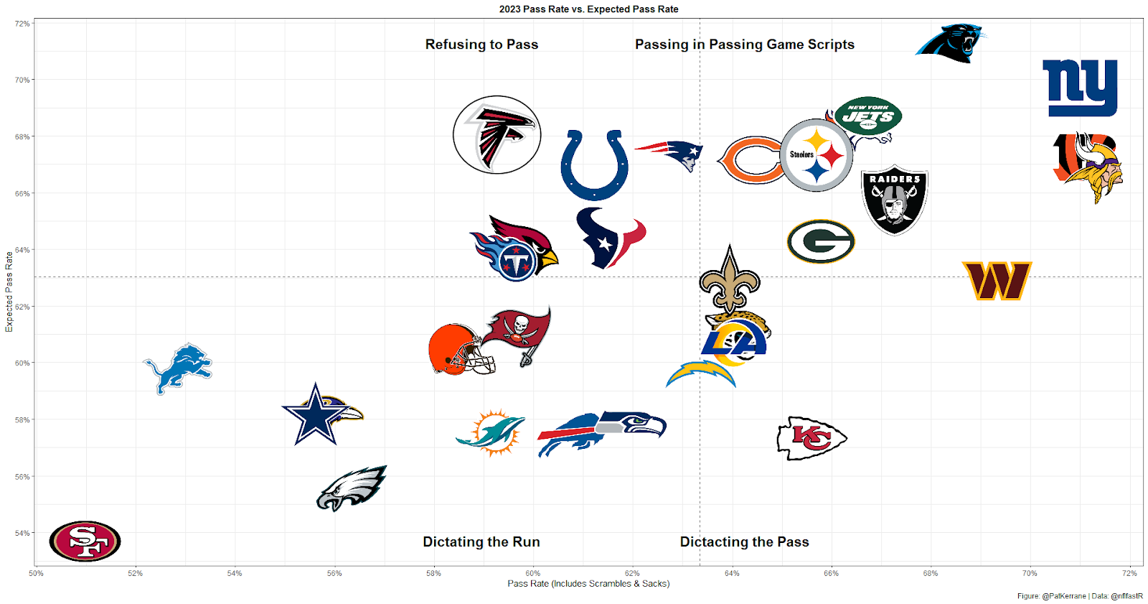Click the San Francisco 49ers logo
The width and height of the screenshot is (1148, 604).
[x=85, y=541]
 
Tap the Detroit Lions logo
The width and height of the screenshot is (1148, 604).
[x=178, y=368]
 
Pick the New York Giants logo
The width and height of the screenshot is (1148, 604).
[x=1080, y=88]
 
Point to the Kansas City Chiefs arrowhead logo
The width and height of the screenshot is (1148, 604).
[x=811, y=437]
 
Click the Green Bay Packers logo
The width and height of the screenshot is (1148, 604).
[x=821, y=241]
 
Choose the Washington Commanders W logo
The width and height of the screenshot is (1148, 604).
[x=997, y=280]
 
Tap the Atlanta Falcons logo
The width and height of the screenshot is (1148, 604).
[x=497, y=134]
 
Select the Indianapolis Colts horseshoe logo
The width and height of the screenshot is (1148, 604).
[x=594, y=164]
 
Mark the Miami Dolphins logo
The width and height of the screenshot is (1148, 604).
[x=491, y=432]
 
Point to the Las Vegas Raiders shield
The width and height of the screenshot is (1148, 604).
[x=894, y=199]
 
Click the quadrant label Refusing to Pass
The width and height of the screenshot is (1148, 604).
[x=481, y=45]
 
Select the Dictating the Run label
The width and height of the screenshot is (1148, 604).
[x=481, y=542]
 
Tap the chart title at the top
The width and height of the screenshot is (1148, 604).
[x=588, y=9]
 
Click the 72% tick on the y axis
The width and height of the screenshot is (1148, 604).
[x=22, y=24]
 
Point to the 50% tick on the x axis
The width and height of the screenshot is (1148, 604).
[x=36, y=573]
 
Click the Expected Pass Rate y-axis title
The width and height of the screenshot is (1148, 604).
[x=9, y=292]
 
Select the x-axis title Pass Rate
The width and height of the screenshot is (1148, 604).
[x=588, y=584]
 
